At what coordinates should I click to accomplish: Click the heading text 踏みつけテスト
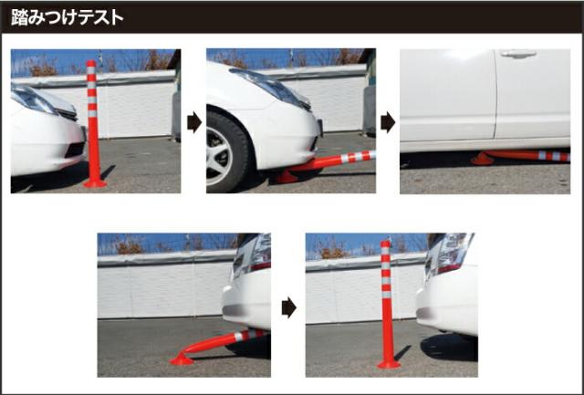67,17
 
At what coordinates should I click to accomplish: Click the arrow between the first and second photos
194,122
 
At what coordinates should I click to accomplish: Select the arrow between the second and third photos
388,122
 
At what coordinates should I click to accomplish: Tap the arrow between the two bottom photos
289,307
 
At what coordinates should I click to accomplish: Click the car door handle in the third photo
518,55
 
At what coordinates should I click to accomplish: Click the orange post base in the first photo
95,183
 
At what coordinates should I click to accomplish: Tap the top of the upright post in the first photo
91,63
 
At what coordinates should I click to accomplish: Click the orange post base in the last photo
389,365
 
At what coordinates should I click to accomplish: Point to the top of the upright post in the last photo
385,243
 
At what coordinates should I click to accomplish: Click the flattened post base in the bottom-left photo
182,359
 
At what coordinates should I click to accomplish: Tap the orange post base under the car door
482,160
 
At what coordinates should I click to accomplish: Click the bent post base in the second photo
287,177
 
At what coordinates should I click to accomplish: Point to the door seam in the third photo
496,94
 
